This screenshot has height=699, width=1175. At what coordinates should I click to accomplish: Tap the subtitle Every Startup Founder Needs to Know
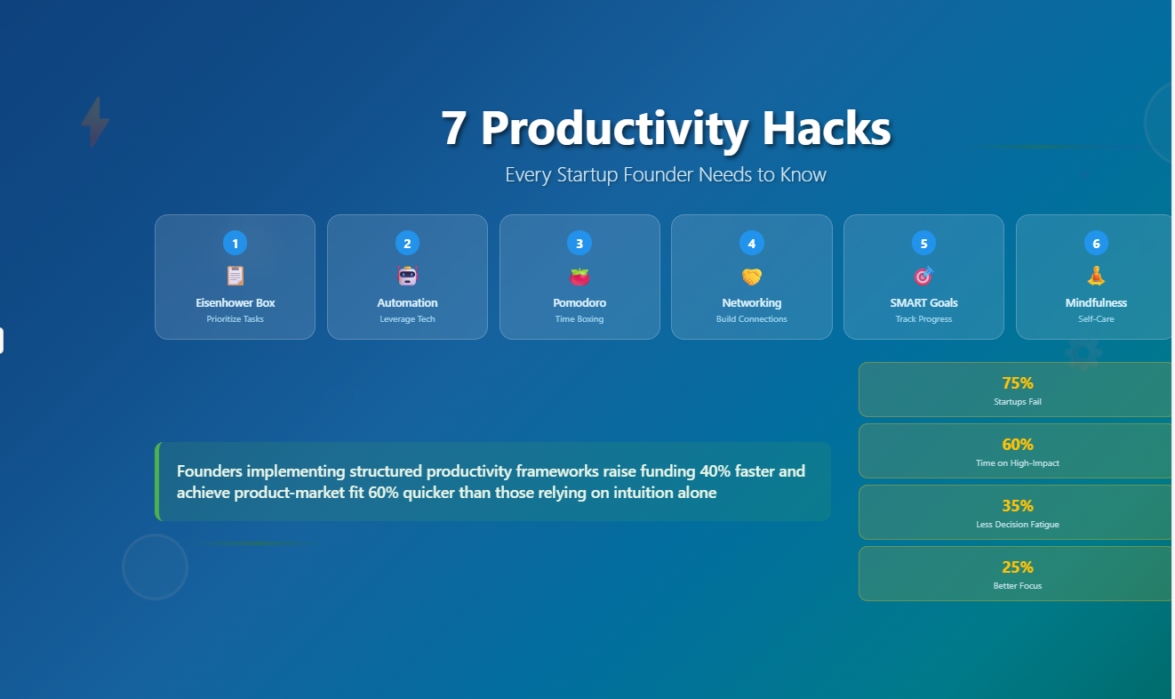(x=666, y=174)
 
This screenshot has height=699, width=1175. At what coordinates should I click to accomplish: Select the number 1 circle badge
(x=235, y=243)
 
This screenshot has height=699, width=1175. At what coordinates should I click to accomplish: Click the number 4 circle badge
(x=751, y=243)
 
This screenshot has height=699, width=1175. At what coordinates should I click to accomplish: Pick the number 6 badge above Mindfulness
(x=1096, y=243)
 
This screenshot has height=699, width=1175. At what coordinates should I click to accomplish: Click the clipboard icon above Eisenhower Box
(x=235, y=276)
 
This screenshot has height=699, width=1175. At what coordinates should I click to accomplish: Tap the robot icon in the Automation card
(x=407, y=276)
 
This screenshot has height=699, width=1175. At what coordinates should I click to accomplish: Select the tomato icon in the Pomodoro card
(x=580, y=276)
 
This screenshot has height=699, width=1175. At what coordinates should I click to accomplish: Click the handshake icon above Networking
(x=751, y=277)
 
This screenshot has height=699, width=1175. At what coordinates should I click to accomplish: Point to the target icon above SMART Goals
(x=923, y=276)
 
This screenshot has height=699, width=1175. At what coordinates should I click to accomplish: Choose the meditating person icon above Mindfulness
(x=1096, y=276)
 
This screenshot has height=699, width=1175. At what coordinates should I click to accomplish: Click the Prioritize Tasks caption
(x=235, y=319)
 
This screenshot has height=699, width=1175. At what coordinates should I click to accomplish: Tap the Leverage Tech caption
(x=407, y=319)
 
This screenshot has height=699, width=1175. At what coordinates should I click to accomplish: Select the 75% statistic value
(x=1017, y=383)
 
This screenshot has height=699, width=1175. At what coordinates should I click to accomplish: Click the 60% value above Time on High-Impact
(x=1017, y=445)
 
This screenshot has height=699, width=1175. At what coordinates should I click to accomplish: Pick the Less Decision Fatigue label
(x=1017, y=525)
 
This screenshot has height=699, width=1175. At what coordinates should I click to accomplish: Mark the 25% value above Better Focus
(x=1017, y=567)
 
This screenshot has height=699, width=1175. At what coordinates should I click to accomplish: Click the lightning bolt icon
(x=95, y=122)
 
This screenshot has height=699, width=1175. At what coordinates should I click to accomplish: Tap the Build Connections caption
(x=751, y=319)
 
